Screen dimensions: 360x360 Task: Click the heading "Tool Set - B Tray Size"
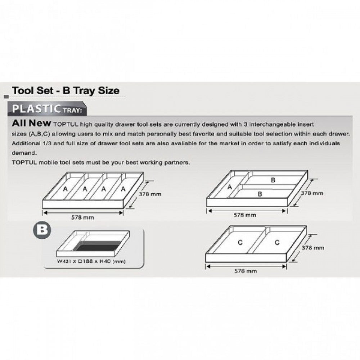click(65, 90)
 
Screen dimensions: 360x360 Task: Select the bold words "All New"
click(32, 123)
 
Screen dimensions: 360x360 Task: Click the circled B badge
click(42, 230)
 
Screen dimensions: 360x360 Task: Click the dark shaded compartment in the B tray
click(97, 247)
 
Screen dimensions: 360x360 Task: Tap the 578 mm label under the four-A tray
click(83, 217)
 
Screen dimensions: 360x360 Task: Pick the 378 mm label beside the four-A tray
click(150, 194)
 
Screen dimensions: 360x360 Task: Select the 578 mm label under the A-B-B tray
click(245, 215)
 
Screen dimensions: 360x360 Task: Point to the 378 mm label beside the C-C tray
click(312, 248)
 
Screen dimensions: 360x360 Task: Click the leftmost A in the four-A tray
click(65, 189)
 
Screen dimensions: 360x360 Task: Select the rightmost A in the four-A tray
click(123, 189)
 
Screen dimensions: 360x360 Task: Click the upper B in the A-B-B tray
click(273, 180)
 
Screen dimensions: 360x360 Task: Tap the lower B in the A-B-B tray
click(260, 193)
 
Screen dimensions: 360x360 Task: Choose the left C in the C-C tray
click(240, 243)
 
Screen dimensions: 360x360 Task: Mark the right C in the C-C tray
click(277, 243)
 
